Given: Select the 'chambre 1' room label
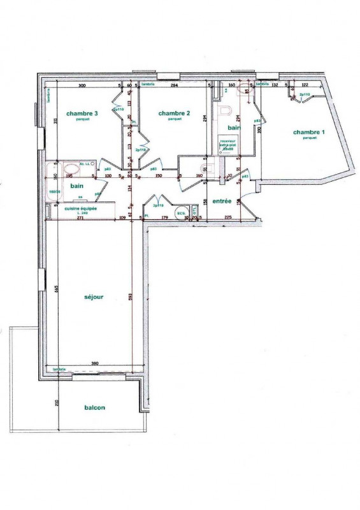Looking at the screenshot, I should (309, 132).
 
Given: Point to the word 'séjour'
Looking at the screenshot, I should (94, 297).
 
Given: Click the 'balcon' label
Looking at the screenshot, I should (94, 408).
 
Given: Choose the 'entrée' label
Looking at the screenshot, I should (221, 201).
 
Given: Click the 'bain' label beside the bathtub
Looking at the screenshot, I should (77, 186).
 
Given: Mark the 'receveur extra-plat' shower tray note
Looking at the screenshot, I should (229, 145).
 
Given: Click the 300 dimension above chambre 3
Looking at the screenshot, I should (82, 85).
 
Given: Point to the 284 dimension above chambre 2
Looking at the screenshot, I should (173, 85).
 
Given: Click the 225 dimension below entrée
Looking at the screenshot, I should (228, 218).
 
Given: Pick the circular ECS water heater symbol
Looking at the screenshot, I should (181, 214).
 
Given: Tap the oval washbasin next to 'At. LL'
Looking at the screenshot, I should (73, 170).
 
